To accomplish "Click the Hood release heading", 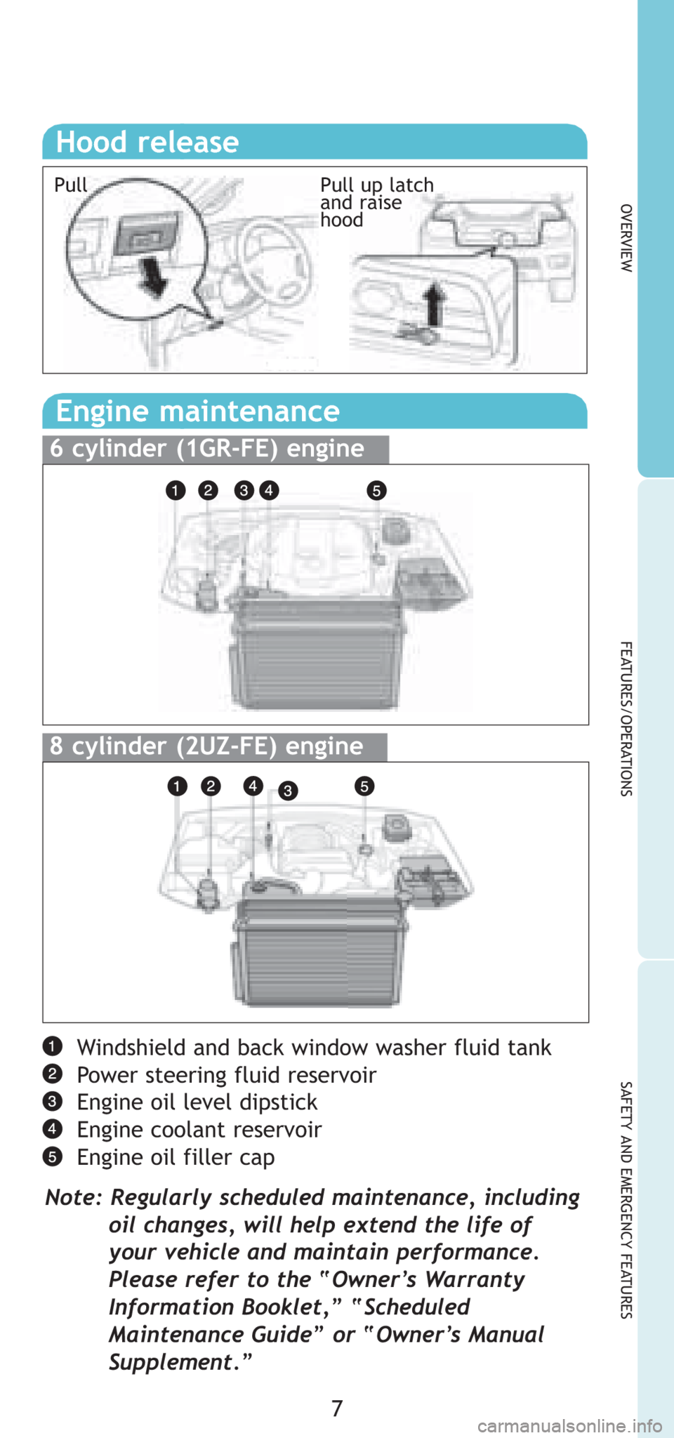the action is tap(147, 142).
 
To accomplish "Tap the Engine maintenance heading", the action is tap(197, 411).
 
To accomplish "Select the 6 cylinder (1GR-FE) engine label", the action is tap(207, 449).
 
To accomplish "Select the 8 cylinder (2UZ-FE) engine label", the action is tap(206, 746).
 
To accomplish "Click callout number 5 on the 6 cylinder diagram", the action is tap(376, 490).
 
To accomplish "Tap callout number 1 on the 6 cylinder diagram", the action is tap(176, 490).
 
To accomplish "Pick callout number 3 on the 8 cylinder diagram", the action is tap(287, 791).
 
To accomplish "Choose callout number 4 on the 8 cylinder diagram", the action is tap(253, 786).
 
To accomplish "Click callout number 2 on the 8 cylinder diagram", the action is tap(210, 786).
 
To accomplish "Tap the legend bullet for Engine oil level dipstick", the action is tap(52, 1102).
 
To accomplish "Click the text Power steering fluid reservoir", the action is tap(227, 1075).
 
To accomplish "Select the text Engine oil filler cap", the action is tap(176, 1157).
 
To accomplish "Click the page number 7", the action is tap(337, 1409).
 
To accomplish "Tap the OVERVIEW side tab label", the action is tap(627, 238).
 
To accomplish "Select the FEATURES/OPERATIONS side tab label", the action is tap(627, 718).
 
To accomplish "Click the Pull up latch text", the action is tap(377, 185).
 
